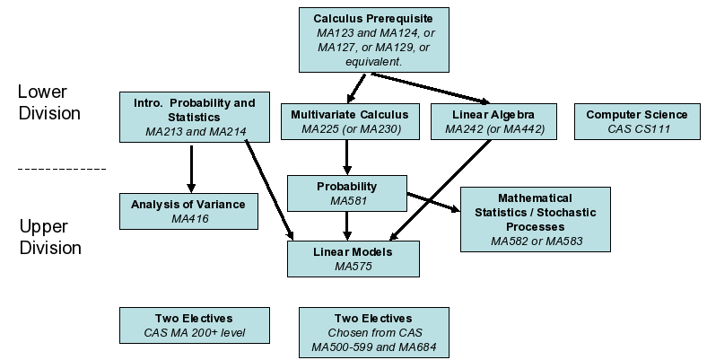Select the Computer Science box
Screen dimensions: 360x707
(636, 121)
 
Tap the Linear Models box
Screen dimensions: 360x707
(353, 258)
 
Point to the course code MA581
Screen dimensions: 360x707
(346, 201)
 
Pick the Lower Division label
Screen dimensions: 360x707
(49, 102)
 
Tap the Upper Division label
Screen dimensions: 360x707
(50, 237)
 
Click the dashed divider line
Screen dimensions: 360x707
(62, 168)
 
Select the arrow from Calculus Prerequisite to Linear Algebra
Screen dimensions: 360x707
(431, 88)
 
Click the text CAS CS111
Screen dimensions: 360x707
(636, 129)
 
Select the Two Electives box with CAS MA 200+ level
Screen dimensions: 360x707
(194, 325)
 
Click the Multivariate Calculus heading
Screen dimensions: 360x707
(349, 115)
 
